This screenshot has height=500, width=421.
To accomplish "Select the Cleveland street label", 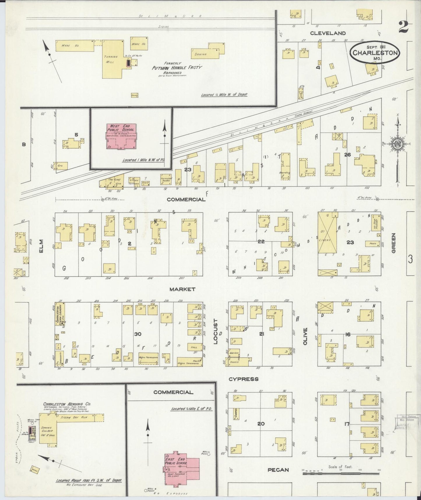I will [x=328, y=33].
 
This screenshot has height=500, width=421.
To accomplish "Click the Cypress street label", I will [x=243, y=379].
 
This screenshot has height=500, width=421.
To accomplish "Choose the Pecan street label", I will [x=279, y=470].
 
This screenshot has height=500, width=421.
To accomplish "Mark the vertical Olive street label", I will [x=305, y=337].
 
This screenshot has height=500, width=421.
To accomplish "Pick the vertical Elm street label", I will [x=40, y=246].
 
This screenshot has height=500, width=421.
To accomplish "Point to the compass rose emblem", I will [x=397, y=144].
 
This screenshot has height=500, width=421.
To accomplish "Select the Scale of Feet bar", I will [x=340, y=474].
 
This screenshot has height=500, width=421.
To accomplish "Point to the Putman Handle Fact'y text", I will [x=177, y=68].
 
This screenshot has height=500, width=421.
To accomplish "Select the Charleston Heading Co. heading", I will [x=67, y=404].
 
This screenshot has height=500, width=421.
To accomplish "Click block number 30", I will [x=138, y=334].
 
